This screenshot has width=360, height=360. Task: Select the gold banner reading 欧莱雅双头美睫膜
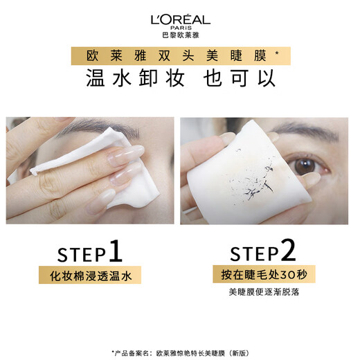pyautogui.click(x=179, y=55)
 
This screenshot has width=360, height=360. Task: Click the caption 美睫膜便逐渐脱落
pyautogui.click(x=269, y=293)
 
